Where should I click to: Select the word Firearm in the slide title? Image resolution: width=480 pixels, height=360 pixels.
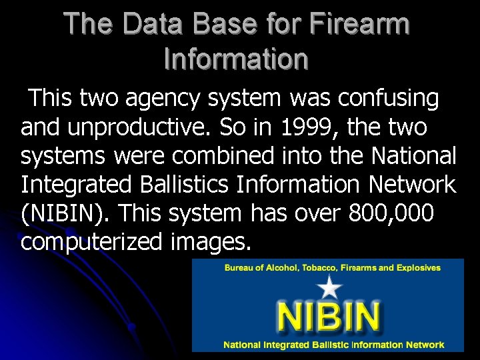click(360, 25)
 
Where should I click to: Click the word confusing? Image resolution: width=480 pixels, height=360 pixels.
click(388, 99)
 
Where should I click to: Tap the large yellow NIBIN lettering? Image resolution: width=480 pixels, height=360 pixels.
click(329, 317)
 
